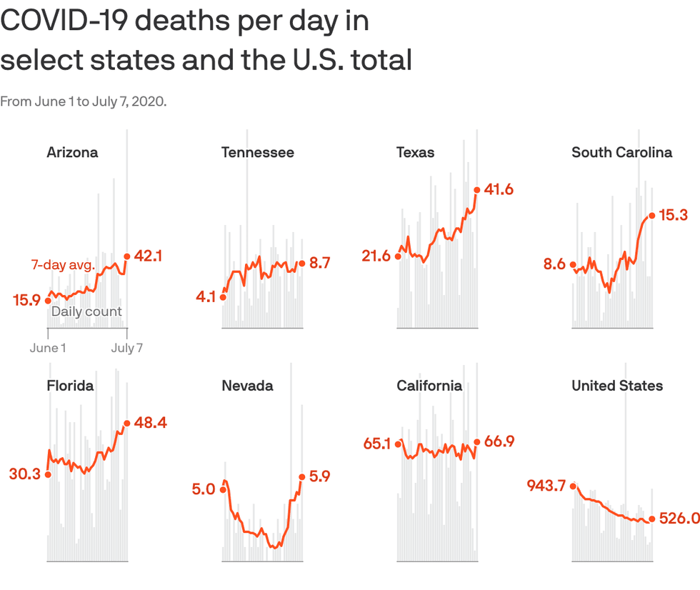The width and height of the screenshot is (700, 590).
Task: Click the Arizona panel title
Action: click(x=72, y=152)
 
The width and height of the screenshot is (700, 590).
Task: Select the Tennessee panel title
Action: click(x=257, y=152)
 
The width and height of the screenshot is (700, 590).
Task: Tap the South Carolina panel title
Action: click(x=621, y=152)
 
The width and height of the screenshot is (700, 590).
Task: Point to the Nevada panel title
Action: click(x=247, y=386)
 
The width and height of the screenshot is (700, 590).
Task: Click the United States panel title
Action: click(x=617, y=386)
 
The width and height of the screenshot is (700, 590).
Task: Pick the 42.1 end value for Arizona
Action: click(x=149, y=256)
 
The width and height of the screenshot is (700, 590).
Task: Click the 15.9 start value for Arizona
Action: click(x=26, y=301)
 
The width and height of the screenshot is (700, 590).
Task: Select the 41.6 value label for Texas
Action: click(x=499, y=189)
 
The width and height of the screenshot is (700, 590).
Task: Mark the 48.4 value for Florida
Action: click(x=150, y=423)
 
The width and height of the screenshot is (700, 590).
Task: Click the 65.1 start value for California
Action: click(x=377, y=444)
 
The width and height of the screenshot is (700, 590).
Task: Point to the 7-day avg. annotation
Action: click(x=62, y=265)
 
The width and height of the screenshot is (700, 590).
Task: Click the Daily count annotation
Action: click(x=86, y=311)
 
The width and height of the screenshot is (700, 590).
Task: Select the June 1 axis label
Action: click(x=48, y=348)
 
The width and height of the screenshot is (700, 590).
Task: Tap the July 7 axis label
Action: click(x=127, y=348)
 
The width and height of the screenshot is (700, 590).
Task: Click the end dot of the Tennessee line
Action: click(x=301, y=264)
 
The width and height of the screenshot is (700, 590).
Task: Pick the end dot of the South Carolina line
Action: click(x=651, y=215)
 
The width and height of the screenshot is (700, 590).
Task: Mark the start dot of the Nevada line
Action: click(x=223, y=489)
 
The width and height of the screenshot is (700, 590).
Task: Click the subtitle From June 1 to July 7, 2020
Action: click(x=83, y=101)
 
